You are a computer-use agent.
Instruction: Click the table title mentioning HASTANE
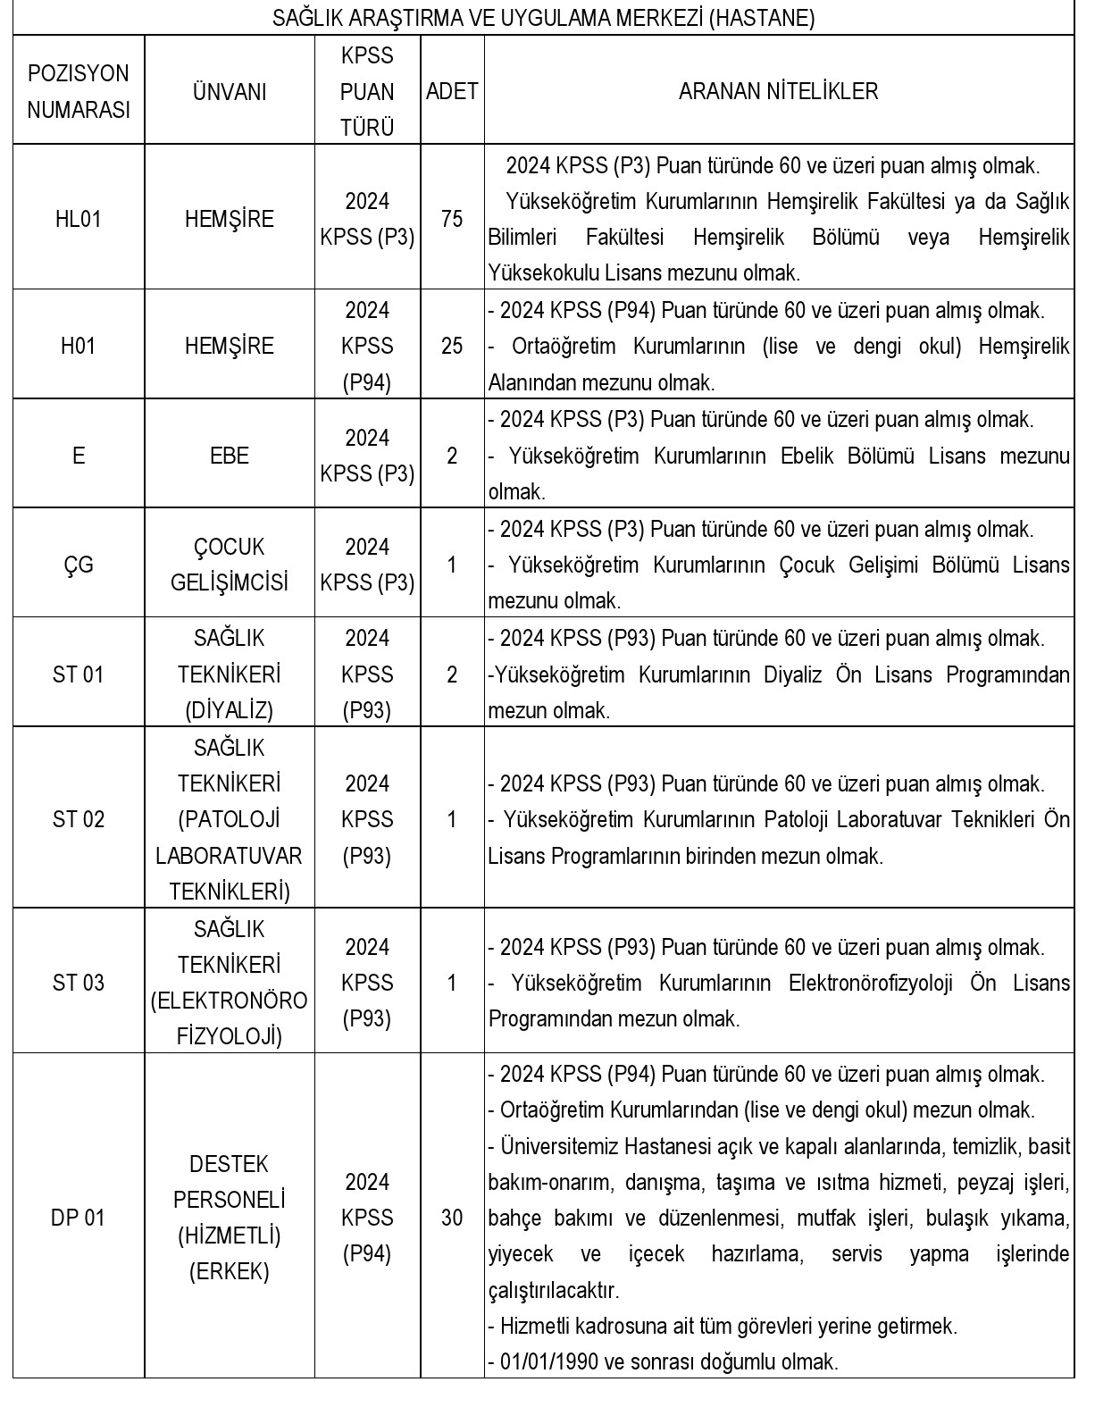(543, 19)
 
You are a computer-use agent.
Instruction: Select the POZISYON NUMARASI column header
(78, 91)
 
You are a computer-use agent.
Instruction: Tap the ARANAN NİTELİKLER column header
(778, 91)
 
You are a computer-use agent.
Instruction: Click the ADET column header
(452, 91)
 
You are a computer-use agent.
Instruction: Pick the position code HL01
(78, 219)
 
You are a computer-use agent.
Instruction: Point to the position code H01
(78, 346)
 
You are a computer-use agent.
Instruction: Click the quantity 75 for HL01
(452, 219)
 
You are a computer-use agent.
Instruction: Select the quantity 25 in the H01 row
(452, 346)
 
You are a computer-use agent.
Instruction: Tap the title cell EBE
(229, 456)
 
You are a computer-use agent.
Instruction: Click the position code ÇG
(78, 565)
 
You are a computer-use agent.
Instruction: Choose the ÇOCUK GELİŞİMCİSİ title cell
(229, 565)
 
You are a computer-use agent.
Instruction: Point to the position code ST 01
(78, 674)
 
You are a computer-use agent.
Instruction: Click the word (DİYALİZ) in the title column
(229, 711)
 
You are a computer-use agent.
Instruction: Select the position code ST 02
(78, 819)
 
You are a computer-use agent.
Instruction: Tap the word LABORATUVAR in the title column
(229, 856)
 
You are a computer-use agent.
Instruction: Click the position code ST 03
(78, 983)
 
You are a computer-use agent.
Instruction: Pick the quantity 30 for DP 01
(452, 1218)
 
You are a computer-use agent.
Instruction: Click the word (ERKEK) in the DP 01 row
(229, 1272)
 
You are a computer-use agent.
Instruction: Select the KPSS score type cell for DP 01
(367, 1218)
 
